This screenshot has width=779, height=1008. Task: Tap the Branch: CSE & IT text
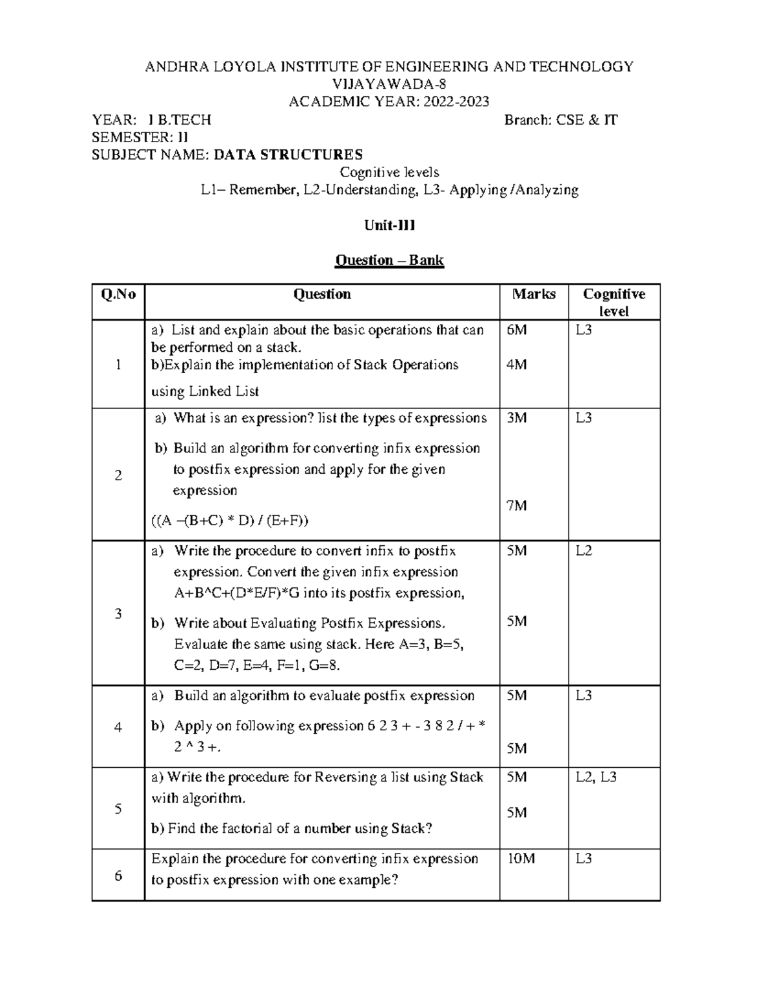pyautogui.click(x=561, y=119)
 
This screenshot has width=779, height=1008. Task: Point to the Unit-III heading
pyautogui.click(x=389, y=225)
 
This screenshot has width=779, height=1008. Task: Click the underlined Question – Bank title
pyautogui.click(x=389, y=260)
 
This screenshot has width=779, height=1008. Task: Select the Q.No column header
pyautogui.click(x=118, y=295)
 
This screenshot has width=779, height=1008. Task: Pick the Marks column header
pyautogui.click(x=534, y=294)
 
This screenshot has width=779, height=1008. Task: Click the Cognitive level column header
pyautogui.click(x=613, y=302)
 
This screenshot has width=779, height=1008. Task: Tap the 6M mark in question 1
pyautogui.click(x=517, y=330)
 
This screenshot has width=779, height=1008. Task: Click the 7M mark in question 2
pyautogui.click(x=517, y=506)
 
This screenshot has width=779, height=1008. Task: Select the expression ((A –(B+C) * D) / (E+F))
pyautogui.click(x=230, y=521)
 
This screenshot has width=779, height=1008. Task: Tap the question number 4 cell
pyautogui.click(x=118, y=727)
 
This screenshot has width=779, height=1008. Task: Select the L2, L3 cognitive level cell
pyautogui.click(x=596, y=777)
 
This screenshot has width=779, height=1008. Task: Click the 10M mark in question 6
pyautogui.click(x=521, y=859)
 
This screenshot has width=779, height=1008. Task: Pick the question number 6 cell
pyautogui.click(x=118, y=876)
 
